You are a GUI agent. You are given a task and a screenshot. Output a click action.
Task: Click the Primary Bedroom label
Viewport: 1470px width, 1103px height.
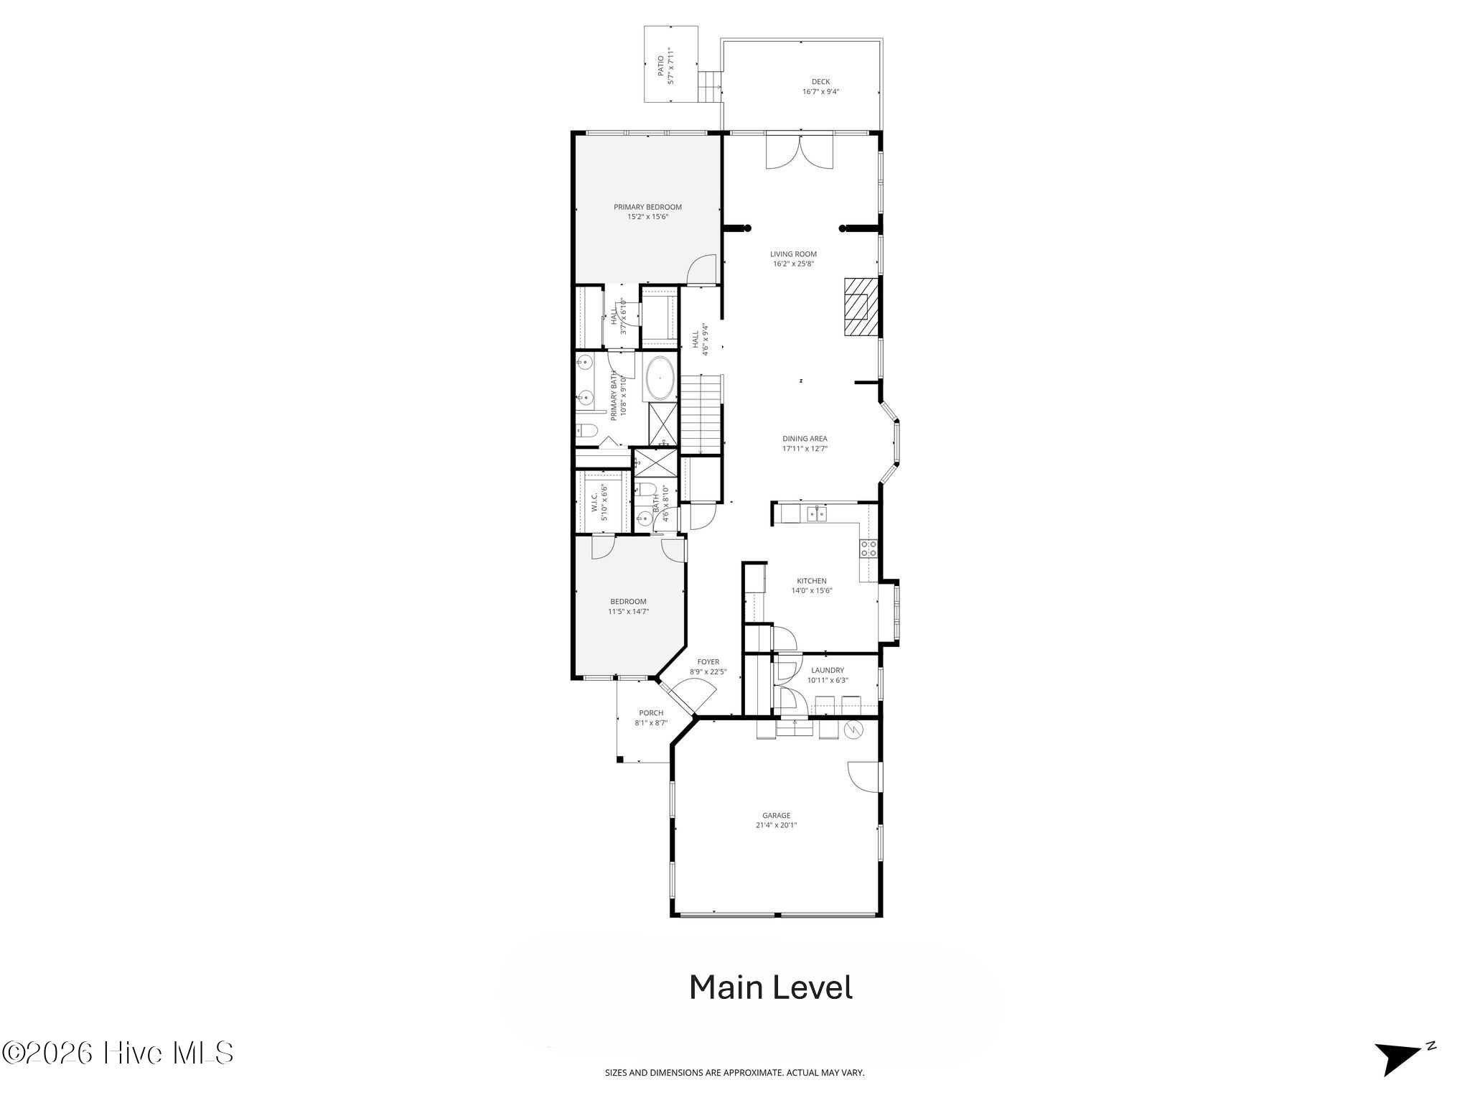point(647,207)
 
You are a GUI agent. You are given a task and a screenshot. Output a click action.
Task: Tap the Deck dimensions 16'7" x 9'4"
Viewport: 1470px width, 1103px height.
point(820,92)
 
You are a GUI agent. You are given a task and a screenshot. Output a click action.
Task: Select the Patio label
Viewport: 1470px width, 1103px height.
point(661,65)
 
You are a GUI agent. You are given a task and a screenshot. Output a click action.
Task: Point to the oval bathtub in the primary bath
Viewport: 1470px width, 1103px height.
point(660,378)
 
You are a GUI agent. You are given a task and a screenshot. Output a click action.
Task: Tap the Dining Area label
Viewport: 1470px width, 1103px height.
point(805,439)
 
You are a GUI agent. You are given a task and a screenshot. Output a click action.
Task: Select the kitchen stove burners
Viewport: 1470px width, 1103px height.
point(868,549)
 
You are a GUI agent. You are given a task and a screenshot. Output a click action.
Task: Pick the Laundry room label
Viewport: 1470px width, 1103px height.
point(828,671)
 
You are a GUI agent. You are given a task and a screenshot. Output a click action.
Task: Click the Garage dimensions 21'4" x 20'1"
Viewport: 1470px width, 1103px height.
point(776,825)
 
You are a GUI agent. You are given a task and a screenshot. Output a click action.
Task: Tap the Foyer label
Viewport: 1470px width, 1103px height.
point(708,662)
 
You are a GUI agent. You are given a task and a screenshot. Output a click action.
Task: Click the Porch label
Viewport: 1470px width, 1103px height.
point(651,713)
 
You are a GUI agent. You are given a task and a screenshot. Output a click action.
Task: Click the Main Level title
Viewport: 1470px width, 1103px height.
point(771,987)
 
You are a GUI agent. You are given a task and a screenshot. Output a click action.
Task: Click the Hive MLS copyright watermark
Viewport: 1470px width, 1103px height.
point(118,1053)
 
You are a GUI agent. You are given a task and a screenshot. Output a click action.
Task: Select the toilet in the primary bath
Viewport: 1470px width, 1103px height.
point(586,431)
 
